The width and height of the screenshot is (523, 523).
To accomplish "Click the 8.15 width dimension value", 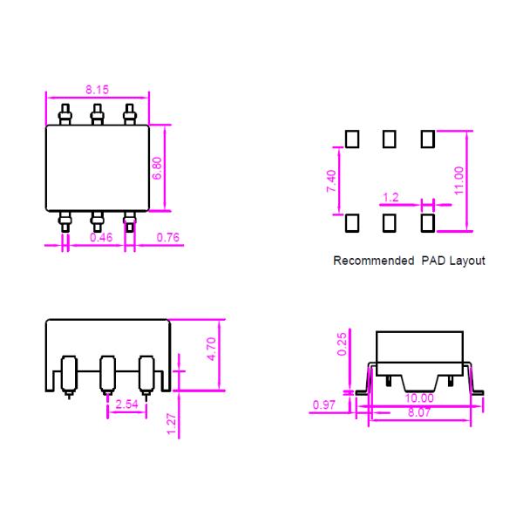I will tap(98, 90).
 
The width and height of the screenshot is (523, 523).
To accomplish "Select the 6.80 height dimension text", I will tap(157, 167).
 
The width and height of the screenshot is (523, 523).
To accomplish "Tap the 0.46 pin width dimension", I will tap(101, 236).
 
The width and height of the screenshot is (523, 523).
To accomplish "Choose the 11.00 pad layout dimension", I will tap(459, 180).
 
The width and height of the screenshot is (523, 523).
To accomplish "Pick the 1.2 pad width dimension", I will tap(391, 198).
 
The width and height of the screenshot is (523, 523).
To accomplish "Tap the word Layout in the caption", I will tap(466, 260).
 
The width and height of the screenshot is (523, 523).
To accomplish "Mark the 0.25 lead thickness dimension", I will tap(343, 343).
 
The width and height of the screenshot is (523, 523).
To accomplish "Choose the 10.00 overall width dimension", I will tap(419, 398).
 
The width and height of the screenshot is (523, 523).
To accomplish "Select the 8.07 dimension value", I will tap(419, 411).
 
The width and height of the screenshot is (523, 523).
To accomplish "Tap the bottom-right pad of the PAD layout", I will tap(427, 223).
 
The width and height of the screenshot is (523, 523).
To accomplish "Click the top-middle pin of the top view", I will tap(97, 114).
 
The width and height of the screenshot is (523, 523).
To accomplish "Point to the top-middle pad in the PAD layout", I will tap(390, 139).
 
